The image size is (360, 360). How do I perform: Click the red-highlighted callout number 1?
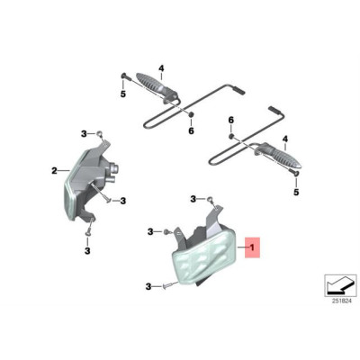[252, 247]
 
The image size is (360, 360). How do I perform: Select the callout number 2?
[54, 171]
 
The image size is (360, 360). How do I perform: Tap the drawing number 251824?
[341, 301]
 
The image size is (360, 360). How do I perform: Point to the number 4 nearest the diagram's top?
[161, 68]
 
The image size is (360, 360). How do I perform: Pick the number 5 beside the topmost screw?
[123, 94]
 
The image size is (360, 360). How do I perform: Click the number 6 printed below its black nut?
[191, 130]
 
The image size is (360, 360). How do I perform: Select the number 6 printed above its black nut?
[230, 121]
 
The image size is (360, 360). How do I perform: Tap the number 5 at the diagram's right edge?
[296, 192]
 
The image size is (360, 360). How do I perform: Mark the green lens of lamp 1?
[203, 259]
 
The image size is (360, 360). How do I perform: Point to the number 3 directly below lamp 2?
[87, 250]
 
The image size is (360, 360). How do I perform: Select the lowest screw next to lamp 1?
[167, 287]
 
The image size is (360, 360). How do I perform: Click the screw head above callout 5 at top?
[123, 76]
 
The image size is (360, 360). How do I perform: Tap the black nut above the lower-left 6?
[190, 114]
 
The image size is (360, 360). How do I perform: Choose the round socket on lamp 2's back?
[114, 166]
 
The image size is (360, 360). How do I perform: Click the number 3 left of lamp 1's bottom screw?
[148, 287]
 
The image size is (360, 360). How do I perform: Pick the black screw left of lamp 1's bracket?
[166, 231]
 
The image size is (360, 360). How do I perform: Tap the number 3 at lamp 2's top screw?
[84, 134]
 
